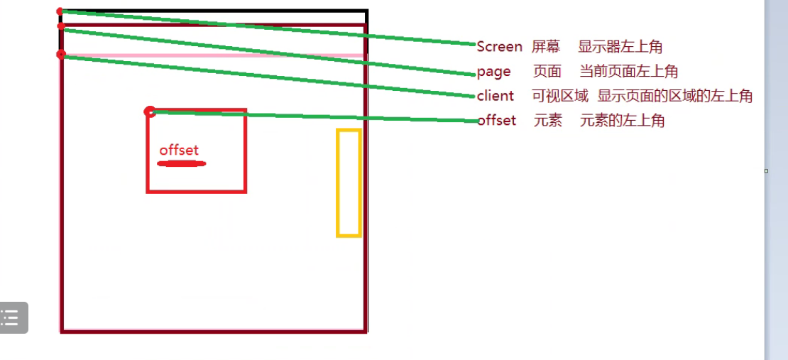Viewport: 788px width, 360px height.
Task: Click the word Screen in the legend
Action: [499, 47]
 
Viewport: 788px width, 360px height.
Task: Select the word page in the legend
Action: [494, 72]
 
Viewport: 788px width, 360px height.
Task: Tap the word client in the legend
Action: [496, 96]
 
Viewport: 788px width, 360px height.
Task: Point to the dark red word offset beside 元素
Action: [497, 120]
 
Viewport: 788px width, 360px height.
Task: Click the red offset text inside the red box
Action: [179, 150]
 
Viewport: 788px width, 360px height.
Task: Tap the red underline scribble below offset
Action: [181, 164]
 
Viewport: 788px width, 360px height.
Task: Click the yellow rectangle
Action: [349, 182]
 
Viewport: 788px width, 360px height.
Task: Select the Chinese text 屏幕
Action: [546, 47]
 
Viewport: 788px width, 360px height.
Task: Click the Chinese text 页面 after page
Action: [547, 71]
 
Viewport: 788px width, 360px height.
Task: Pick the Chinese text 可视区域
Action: [560, 96]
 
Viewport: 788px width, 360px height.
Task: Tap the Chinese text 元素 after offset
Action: [548, 120]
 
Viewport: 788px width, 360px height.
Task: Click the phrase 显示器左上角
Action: [620, 47]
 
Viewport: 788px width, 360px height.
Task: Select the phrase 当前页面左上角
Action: [629, 71]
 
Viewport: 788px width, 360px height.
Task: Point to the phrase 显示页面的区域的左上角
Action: [675, 96]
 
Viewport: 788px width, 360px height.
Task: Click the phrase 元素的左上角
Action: [622, 120]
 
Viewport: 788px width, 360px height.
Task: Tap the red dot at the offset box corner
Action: [149, 111]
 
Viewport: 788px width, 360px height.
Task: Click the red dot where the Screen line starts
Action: [60, 11]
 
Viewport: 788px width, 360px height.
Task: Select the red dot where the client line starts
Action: [61, 55]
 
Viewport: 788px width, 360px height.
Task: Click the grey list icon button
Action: [12, 317]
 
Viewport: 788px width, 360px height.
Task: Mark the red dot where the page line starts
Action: [61, 27]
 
